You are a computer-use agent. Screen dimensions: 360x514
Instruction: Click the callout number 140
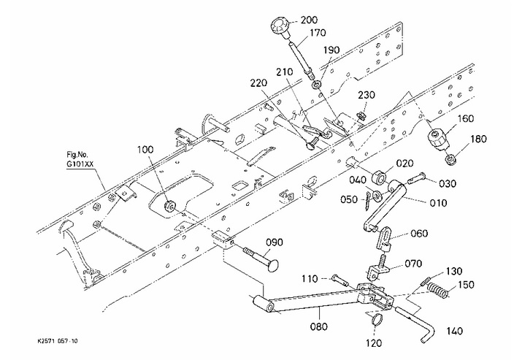tap(455, 332)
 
